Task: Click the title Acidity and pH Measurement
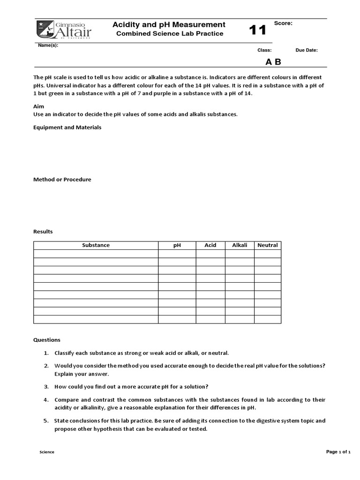click(169, 24)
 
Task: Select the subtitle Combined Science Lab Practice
click(170, 34)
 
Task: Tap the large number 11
click(257, 30)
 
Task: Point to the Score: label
click(283, 23)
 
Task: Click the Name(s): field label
click(48, 45)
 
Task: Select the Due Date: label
click(307, 50)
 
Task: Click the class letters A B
click(273, 62)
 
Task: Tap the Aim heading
click(38, 106)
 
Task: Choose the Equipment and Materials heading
click(67, 127)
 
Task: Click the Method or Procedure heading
click(62, 180)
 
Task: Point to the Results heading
click(43, 232)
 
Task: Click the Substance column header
click(96, 245)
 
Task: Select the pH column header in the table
click(177, 245)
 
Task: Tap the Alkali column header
click(240, 245)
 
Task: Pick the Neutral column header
click(268, 245)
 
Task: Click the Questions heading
click(46, 340)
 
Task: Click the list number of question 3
click(46, 386)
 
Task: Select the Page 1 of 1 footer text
click(338, 452)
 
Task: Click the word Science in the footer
click(46, 452)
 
